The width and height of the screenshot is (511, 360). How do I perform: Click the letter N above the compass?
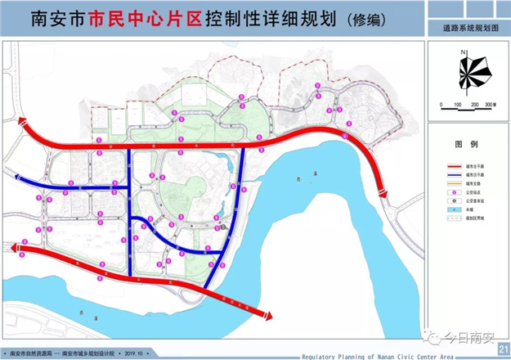[463, 52]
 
